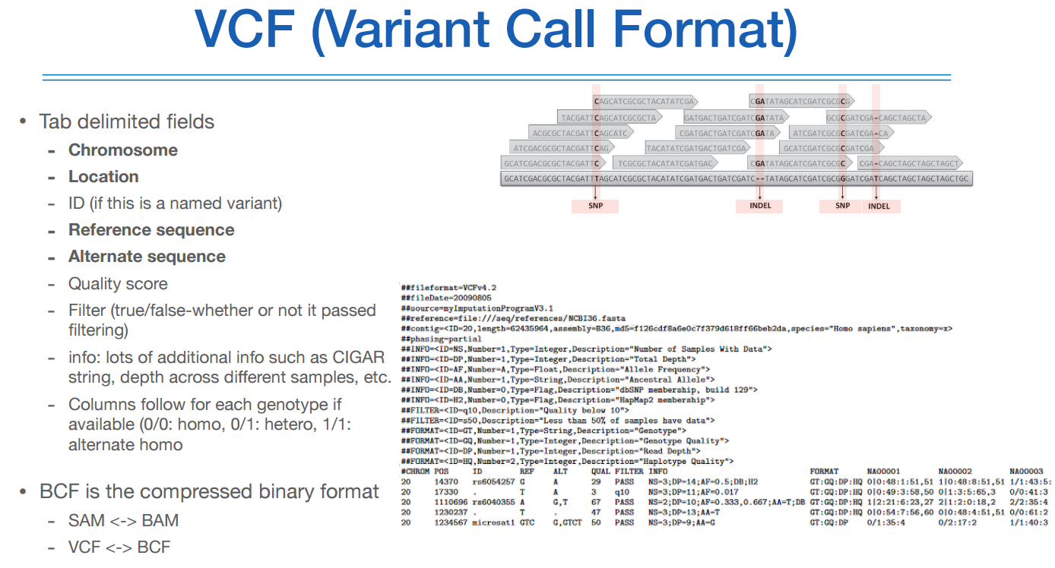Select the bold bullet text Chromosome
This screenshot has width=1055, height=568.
123,150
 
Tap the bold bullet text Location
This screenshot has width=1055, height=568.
103,177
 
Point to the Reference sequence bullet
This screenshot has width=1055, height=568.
151,230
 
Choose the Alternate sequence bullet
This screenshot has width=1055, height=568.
147,257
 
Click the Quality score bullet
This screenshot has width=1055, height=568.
118,284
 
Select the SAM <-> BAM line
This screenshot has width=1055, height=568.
124,521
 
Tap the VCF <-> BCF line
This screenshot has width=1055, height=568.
119,547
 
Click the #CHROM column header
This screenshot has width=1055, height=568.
415,471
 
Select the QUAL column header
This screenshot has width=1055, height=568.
600,471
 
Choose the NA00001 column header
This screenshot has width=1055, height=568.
882,471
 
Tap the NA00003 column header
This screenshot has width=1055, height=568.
1026,471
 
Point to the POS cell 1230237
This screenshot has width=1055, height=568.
450,512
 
